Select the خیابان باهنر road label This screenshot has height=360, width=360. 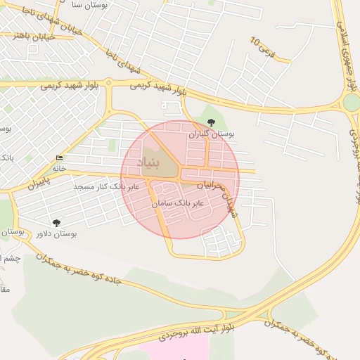click(18, 34)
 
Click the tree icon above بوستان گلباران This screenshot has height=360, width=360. click(212, 123)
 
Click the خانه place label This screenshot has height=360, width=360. click(58, 168)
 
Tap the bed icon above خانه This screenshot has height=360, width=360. click(58, 157)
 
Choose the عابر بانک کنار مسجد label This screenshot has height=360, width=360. click(108, 186)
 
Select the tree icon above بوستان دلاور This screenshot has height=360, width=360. click(56, 223)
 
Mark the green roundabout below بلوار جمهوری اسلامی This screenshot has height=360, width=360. click(351, 103)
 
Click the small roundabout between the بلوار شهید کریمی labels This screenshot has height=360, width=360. click(109, 83)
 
